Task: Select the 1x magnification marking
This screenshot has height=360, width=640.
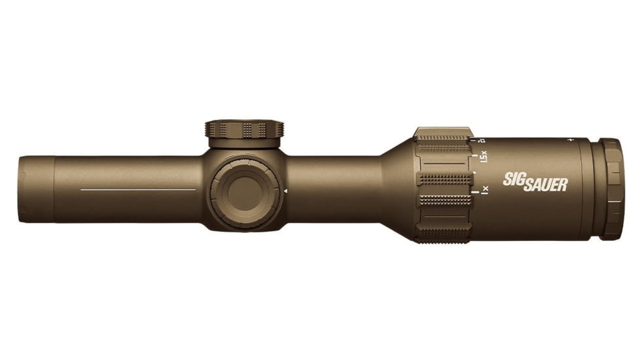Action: click(485, 190)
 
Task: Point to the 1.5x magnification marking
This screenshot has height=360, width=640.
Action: click(484, 157)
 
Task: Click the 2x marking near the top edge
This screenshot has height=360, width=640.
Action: click(482, 139)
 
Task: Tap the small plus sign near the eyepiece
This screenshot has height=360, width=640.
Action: click(571, 139)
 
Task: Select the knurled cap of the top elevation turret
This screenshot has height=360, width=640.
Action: click(244, 128)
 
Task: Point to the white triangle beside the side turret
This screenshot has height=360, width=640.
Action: click(285, 191)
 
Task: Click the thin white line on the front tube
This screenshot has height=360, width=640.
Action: click(137, 190)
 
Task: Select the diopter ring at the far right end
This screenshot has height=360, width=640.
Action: click(612, 189)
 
